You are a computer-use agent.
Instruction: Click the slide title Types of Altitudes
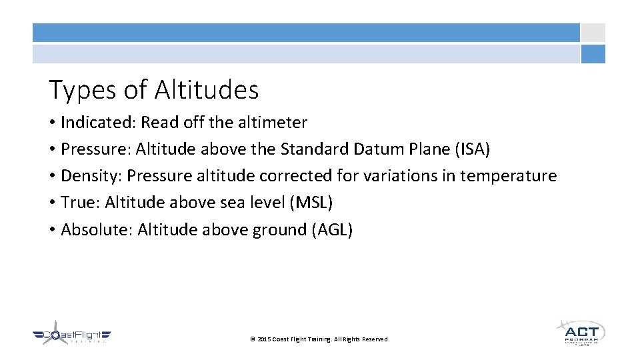click(153, 90)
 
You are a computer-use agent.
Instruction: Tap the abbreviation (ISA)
click(472, 149)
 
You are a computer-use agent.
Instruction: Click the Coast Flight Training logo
click(72, 335)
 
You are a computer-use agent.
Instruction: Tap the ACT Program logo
click(580, 332)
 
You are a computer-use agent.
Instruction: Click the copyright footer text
click(319, 339)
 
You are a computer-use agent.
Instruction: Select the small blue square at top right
click(593, 54)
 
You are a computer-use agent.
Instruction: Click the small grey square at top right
click(593, 33)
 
